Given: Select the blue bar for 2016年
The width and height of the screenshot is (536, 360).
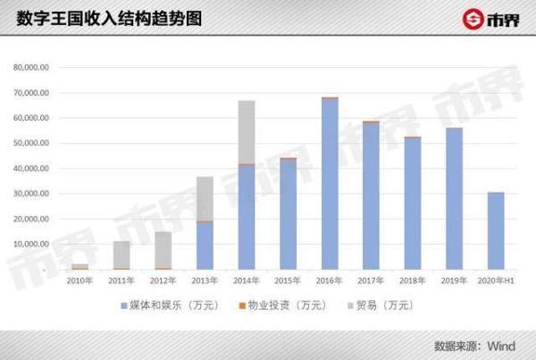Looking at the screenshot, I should click(x=330, y=183).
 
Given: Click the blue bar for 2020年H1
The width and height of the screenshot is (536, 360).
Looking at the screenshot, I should click(x=496, y=230).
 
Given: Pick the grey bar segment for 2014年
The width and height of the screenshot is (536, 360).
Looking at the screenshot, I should click(x=247, y=132).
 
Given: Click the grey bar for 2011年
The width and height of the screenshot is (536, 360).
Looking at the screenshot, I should click(x=121, y=255).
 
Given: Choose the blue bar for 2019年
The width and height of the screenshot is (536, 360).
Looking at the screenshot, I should click(x=454, y=198).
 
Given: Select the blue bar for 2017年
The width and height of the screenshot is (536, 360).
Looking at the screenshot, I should click(x=371, y=196).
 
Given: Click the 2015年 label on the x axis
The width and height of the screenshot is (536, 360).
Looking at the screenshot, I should click(x=288, y=280).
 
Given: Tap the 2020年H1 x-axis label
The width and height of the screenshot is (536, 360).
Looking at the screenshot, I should click(x=496, y=280).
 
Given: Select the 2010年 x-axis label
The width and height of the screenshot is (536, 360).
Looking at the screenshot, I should click(x=80, y=280).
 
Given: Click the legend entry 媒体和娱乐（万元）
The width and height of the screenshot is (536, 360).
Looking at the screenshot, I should click(x=166, y=306).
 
